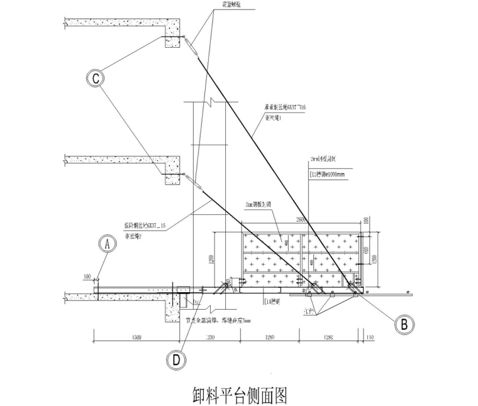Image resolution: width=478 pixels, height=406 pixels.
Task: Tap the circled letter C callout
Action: click(x=95, y=78)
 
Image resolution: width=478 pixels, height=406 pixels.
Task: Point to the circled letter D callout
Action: click(x=177, y=359)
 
